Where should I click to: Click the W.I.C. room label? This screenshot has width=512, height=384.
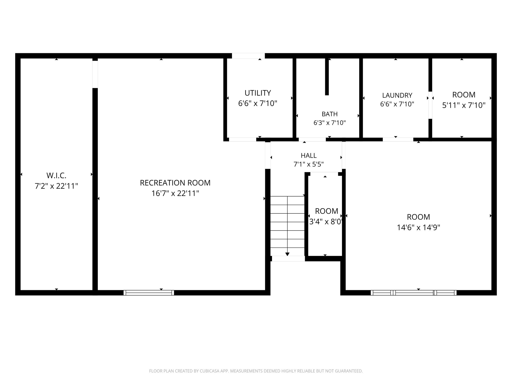(56, 175)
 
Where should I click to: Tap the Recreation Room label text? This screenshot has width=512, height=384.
(175, 183)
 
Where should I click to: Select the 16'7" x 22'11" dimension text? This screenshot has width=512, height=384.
(175, 193)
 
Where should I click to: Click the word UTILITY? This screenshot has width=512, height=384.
(258, 93)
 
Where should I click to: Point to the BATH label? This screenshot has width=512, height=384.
(329, 114)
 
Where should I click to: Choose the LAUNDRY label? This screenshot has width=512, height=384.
(397, 95)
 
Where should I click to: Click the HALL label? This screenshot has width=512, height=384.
(309, 155)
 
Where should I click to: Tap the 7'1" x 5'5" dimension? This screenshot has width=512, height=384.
(309, 164)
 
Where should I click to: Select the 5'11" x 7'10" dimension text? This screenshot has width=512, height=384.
(464, 105)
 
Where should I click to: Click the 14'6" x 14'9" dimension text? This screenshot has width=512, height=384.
(418, 227)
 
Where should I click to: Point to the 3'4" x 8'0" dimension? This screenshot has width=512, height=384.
(326, 222)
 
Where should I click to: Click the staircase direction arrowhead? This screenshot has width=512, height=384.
(287, 254)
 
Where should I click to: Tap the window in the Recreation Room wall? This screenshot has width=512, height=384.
(149, 293)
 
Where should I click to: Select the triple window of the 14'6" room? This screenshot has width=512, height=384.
(413, 293)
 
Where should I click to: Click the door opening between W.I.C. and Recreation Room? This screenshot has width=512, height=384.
(95, 74)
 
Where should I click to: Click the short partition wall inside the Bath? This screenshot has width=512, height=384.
(327, 76)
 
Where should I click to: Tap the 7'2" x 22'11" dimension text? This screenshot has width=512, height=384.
(56, 186)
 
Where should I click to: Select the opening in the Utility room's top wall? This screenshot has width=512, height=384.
(248, 56)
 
